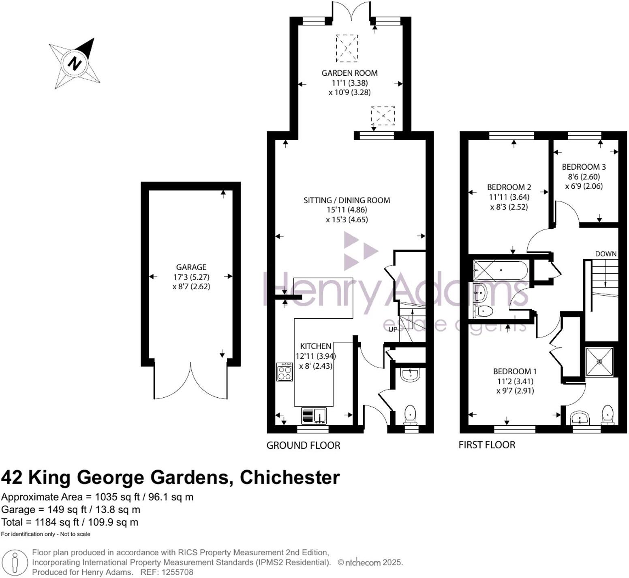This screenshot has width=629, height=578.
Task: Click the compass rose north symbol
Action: (x=75, y=64)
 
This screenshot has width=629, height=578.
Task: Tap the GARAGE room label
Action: (x=191, y=267)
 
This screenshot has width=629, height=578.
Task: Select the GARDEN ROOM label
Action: (x=349, y=73)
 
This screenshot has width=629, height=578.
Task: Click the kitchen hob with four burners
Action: (x=285, y=372)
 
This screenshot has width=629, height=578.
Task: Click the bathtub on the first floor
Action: (x=501, y=270)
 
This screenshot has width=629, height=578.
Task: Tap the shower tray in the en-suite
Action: (x=599, y=361)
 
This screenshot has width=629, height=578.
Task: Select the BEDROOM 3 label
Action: (x=584, y=167)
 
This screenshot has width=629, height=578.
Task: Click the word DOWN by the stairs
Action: (x=605, y=254)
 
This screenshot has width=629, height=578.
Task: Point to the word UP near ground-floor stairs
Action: (x=393, y=329)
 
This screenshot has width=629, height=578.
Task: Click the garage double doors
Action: (x=190, y=381)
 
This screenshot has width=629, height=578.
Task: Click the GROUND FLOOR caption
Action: (x=303, y=446)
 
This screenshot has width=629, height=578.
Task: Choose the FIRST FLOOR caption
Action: (x=487, y=445)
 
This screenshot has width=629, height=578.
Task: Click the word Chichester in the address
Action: (x=289, y=478)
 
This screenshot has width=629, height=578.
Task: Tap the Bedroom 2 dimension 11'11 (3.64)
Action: (x=509, y=197)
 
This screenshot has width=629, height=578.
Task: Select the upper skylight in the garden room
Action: (x=347, y=48)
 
